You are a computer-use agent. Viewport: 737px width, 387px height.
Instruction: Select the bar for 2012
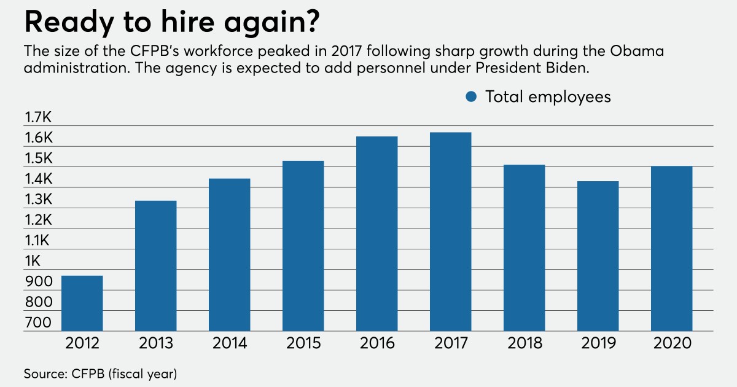[82, 303]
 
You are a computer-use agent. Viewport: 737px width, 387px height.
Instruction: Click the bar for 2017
[451, 232]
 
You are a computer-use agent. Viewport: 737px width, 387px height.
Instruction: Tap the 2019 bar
[598, 257]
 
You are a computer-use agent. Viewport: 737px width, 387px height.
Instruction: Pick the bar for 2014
[230, 255]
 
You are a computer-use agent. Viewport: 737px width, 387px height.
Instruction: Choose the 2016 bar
[377, 234]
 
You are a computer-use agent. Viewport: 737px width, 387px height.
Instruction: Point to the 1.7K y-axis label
[38, 117]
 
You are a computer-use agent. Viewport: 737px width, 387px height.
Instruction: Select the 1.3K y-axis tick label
[38, 200]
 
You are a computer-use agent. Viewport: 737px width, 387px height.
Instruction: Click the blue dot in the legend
[472, 96]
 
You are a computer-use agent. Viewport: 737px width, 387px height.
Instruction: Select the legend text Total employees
[548, 96]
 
